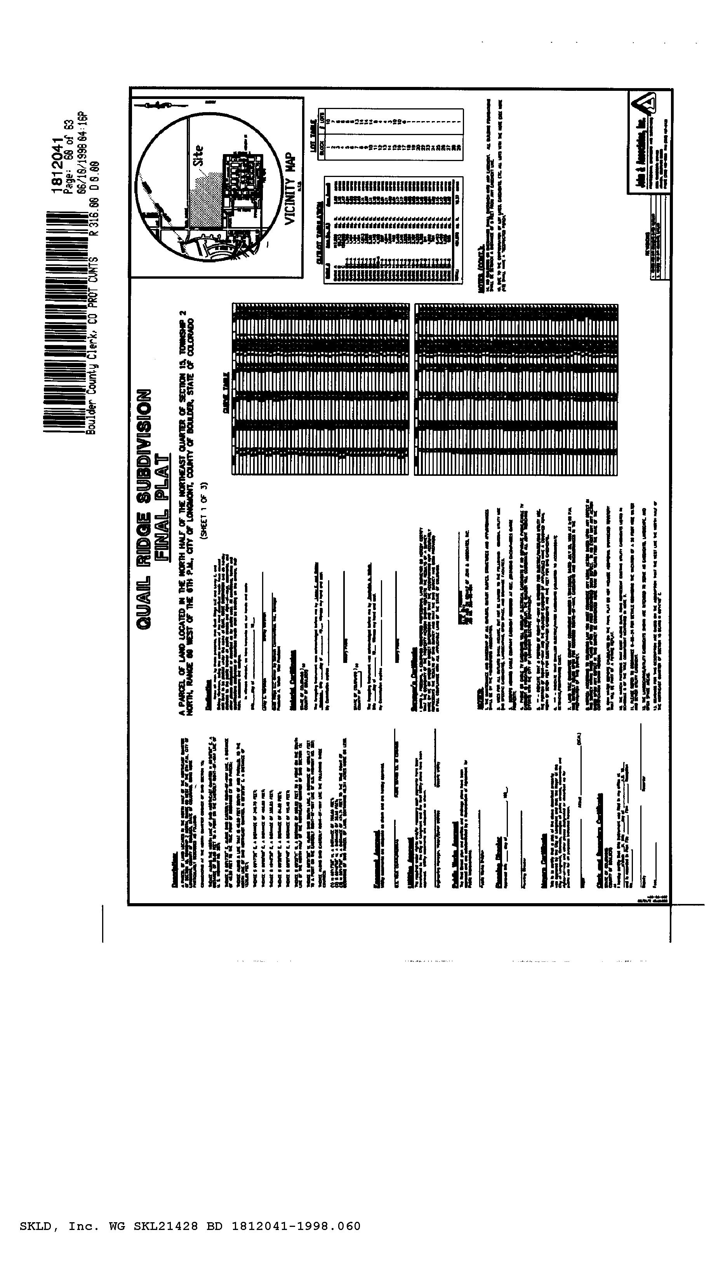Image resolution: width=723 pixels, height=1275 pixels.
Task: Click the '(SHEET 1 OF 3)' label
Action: (203, 511)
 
